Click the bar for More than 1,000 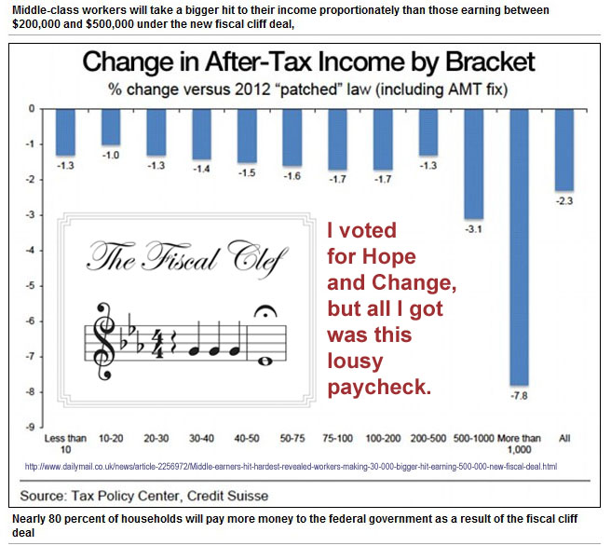click(519, 246)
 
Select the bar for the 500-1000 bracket click(473, 163)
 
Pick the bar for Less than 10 click(65, 131)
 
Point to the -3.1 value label click(473, 228)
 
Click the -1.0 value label click(111, 155)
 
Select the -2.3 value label click(564, 199)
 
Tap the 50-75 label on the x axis click(292, 435)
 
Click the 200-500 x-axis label click(428, 435)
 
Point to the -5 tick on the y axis click(33, 286)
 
